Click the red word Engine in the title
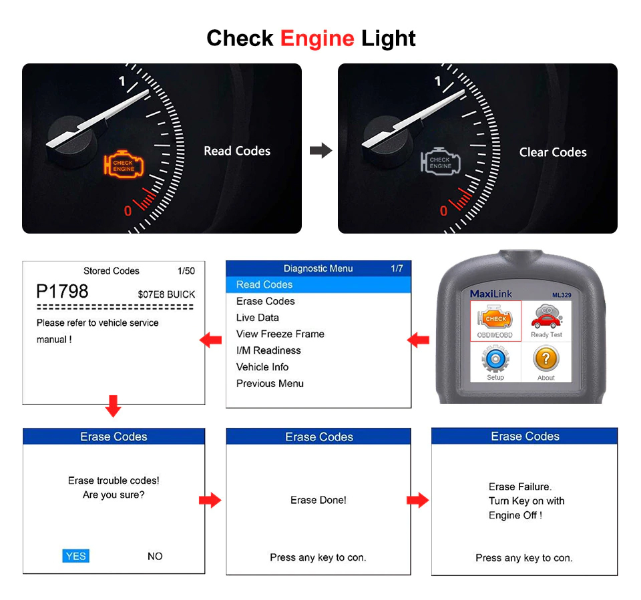pyautogui.click(x=316, y=38)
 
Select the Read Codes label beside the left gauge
pyautogui.click(x=237, y=151)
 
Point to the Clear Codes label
pyautogui.click(x=553, y=152)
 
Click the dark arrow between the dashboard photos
pyautogui.click(x=320, y=151)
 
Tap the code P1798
pyautogui.click(x=62, y=292)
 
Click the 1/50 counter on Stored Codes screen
pyautogui.click(x=186, y=271)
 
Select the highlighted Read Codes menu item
pyautogui.click(x=264, y=284)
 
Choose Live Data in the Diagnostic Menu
pyautogui.click(x=258, y=318)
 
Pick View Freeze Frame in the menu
pyautogui.click(x=280, y=334)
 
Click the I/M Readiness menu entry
pyautogui.click(x=268, y=350)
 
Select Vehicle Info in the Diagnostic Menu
pyautogui.click(x=262, y=366)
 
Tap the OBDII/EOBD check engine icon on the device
pyautogui.click(x=495, y=318)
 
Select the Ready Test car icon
pyautogui.click(x=546, y=318)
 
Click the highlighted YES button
pyautogui.click(x=76, y=556)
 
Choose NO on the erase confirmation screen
pyautogui.click(x=155, y=556)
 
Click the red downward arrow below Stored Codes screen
pyautogui.click(x=114, y=406)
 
